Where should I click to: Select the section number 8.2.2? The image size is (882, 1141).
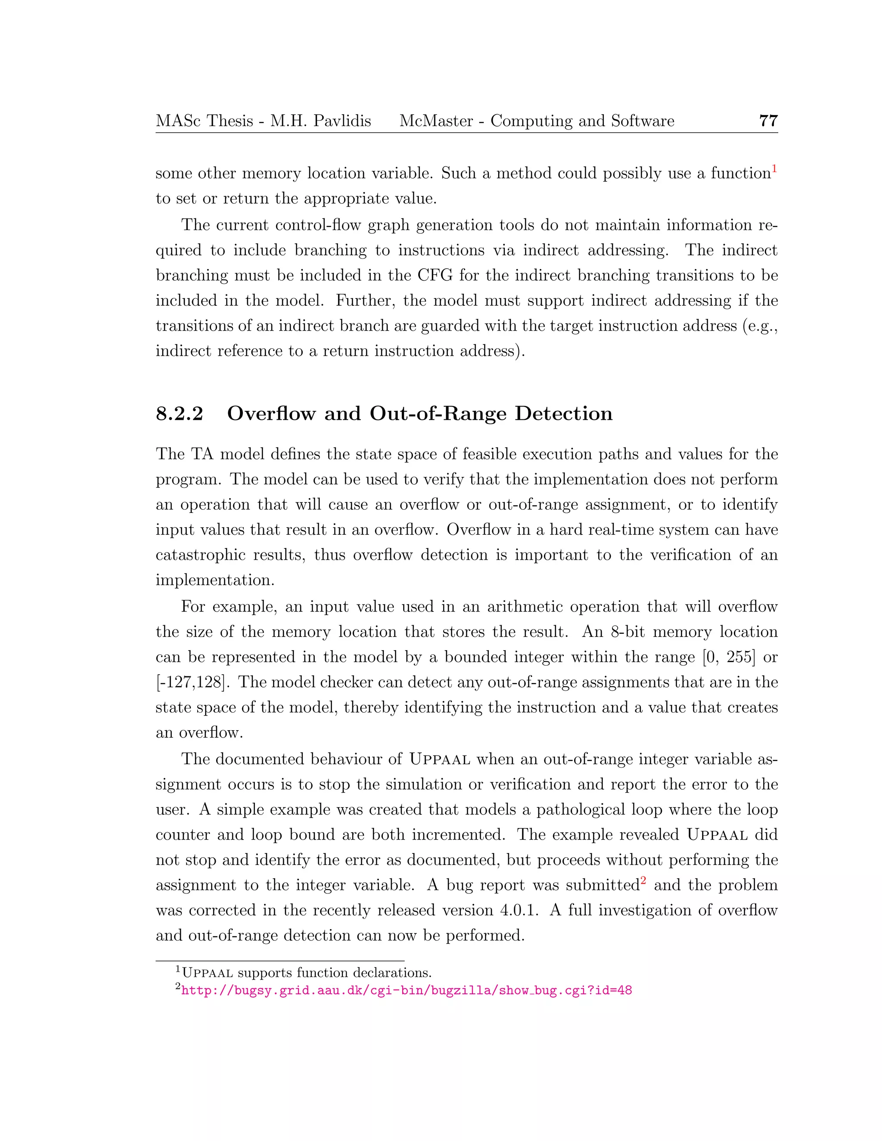(x=179, y=413)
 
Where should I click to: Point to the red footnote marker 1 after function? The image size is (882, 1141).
(x=774, y=169)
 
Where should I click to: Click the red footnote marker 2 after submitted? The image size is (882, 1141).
(x=644, y=881)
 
